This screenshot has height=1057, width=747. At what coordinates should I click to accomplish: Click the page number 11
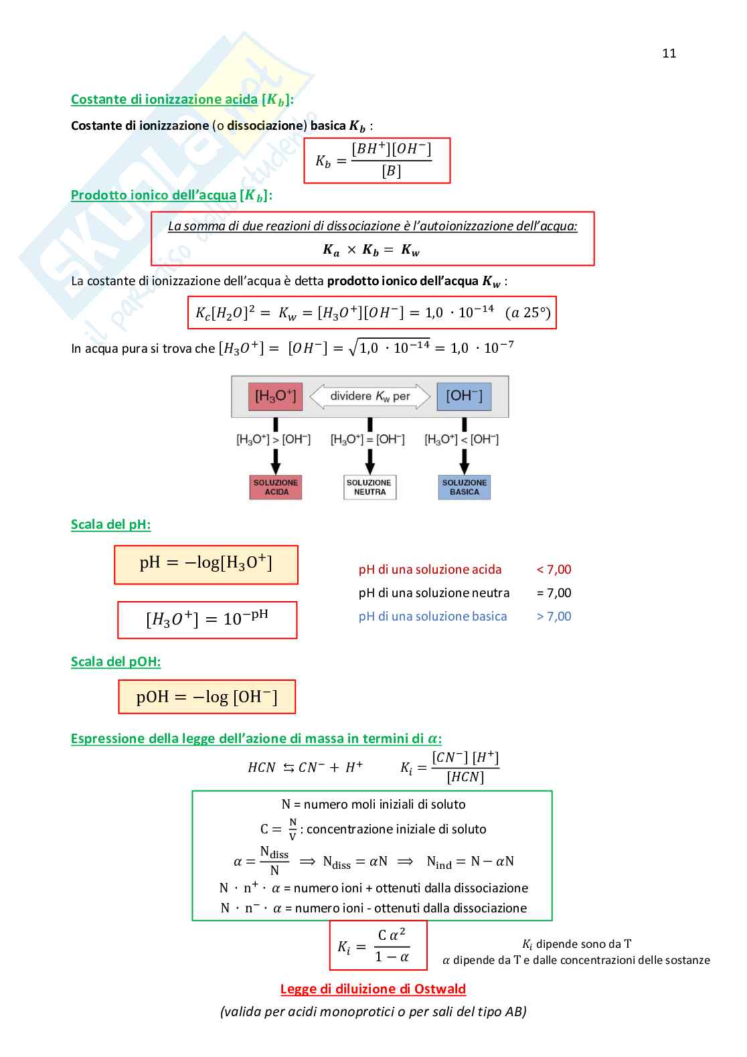coord(669,54)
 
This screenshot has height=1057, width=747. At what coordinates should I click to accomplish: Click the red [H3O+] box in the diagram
coord(275,396)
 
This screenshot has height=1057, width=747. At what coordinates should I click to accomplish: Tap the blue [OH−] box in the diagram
coord(464,396)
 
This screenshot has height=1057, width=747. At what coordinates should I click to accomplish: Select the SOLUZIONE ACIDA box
coord(276,487)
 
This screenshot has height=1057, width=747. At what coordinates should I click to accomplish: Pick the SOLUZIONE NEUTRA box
coord(369,487)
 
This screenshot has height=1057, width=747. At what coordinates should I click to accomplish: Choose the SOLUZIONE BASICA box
coord(465,487)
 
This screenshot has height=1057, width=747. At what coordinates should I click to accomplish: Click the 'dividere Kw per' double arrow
coord(369,396)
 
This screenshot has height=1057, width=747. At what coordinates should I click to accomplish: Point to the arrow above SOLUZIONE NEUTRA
coord(369,461)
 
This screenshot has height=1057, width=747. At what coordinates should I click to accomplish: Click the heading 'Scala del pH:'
coord(110,524)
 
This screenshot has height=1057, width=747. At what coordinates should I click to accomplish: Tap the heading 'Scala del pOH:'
coord(116,661)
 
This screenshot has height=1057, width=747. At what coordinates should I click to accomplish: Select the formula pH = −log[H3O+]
coord(206,564)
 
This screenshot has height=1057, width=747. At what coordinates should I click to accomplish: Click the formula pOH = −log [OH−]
coord(207,697)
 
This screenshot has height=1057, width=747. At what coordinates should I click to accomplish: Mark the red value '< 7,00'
coord(554,570)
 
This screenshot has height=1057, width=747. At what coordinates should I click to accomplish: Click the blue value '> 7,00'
coord(554,617)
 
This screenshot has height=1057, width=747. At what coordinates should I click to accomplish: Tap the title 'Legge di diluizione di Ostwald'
coord(373,989)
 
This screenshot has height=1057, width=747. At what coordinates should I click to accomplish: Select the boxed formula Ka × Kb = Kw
coord(371,250)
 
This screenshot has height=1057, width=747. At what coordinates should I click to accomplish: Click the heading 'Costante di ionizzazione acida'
coord(164,100)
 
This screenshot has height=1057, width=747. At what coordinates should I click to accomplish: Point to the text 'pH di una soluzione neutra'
coord(434,593)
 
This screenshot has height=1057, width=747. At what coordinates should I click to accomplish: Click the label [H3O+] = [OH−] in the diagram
coord(367,440)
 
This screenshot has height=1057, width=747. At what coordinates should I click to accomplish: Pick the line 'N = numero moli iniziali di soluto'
coord(373,804)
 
